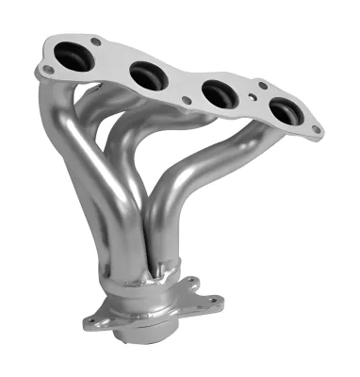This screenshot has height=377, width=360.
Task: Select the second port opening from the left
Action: tap(145, 74)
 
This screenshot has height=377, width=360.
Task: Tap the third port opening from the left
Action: tap(219, 93)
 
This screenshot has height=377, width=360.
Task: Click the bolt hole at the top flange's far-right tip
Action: tap(317, 130)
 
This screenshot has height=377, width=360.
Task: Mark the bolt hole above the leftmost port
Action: tap(94, 41)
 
